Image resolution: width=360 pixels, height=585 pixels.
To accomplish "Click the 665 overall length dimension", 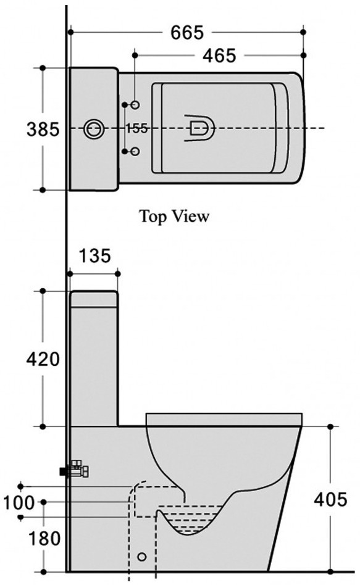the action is (187, 33).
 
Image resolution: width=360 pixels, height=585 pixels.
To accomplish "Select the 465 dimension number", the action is (219, 56).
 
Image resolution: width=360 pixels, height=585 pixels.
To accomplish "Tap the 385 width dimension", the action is (43, 130).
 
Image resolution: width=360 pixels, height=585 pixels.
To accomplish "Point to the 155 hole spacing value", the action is (136, 128).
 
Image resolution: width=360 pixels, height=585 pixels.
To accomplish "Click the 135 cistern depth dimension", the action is (95, 255).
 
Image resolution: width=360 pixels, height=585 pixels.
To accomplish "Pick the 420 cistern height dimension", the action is (43, 359).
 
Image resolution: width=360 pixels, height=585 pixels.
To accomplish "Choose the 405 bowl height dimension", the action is (330, 499).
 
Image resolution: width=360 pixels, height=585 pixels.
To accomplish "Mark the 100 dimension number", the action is (19, 502).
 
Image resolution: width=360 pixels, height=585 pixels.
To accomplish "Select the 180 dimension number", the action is (44, 538).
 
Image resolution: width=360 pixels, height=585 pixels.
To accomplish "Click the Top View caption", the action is (174, 216).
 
